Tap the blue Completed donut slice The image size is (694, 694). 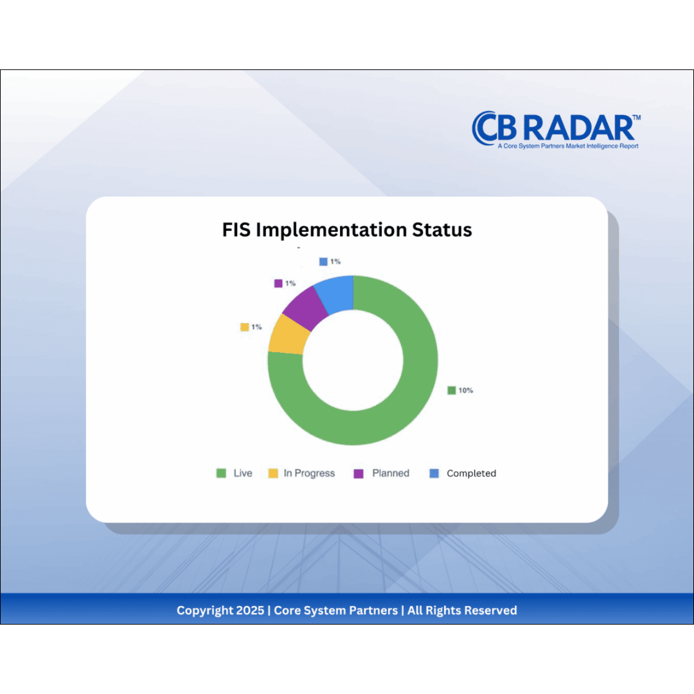[x=337, y=292]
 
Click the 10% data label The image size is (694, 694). [x=465, y=390]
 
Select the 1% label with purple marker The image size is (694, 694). [x=290, y=283]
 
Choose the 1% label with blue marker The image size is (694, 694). [x=335, y=262]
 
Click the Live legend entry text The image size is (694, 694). [x=243, y=473]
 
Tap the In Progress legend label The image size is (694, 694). [x=309, y=473]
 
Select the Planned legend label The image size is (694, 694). [x=391, y=473]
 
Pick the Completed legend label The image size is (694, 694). [x=471, y=474]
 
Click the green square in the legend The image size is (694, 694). [x=221, y=474]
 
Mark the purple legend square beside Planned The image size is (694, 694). [x=359, y=474]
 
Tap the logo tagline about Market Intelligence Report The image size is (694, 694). [x=567, y=146]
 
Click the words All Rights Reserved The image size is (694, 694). [x=462, y=610]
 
